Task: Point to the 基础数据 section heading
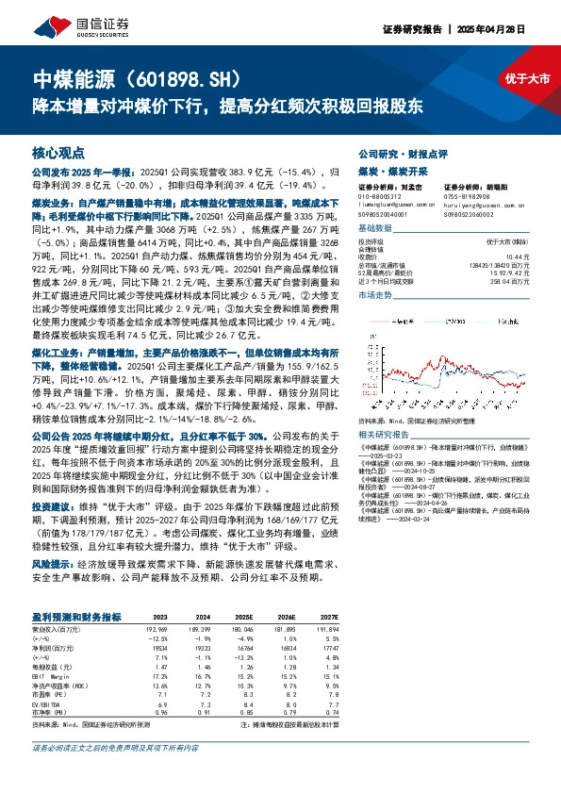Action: click(376, 229)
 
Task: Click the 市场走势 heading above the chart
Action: click(376, 295)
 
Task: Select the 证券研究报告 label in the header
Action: click(409, 29)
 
